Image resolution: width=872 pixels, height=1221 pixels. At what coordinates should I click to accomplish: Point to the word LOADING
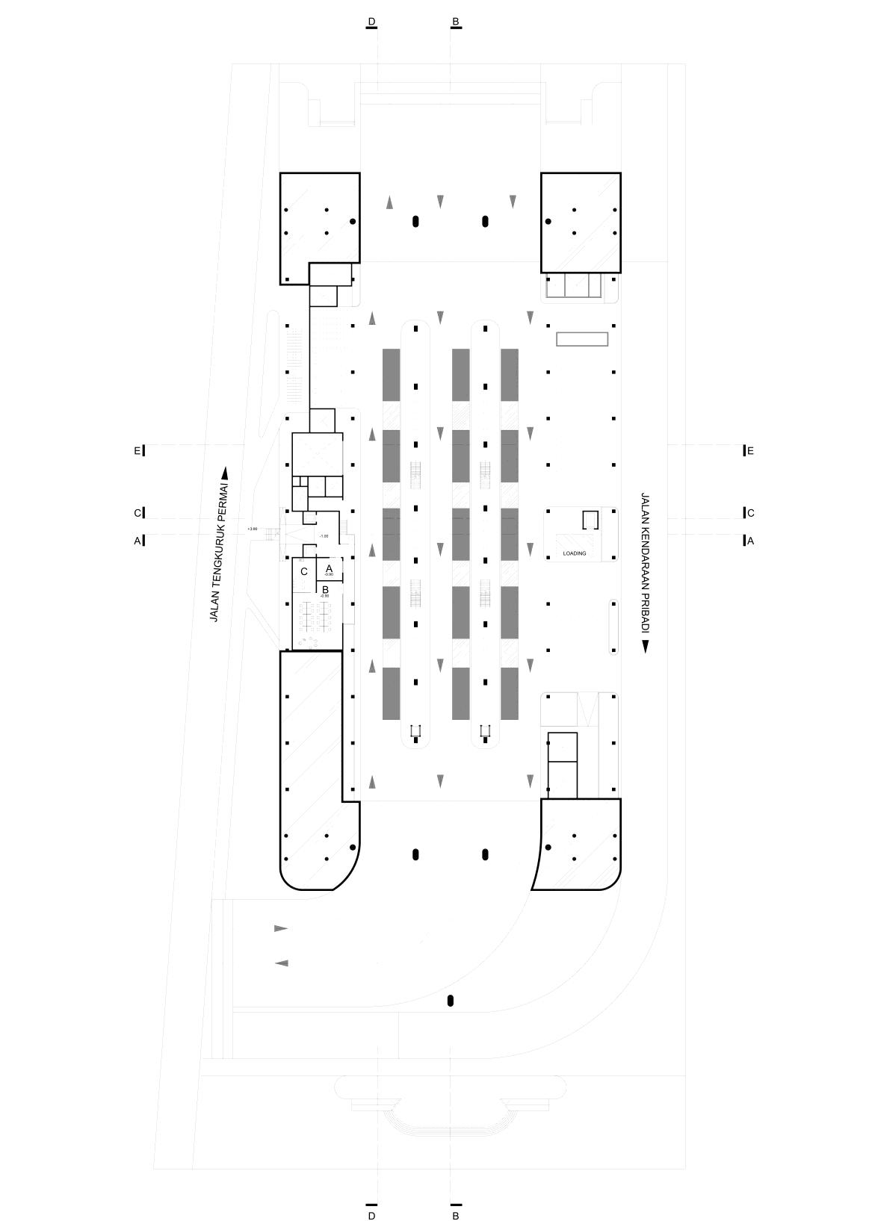coord(575,553)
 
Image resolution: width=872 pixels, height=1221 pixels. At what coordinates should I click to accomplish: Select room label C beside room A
coord(304,571)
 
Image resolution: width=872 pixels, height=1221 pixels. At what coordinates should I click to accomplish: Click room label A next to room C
coord(329,568)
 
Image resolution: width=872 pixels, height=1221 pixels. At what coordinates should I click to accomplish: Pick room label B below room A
coord(325,589)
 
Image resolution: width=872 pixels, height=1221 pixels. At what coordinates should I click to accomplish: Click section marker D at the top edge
coord(371,21)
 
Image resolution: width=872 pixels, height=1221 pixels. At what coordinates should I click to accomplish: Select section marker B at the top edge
coord(456,21)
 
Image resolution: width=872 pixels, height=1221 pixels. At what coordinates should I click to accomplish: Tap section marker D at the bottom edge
coord(371,1215)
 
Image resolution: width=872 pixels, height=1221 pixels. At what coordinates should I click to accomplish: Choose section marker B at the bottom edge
coord(456,1215)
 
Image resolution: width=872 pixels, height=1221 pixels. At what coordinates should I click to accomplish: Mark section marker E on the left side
coord(137,450)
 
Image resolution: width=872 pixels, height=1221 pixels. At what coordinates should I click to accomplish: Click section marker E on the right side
coord(750,450)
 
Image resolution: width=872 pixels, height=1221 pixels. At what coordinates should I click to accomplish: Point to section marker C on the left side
coord(137,513)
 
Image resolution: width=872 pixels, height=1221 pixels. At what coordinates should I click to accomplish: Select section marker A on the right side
coord(750,541)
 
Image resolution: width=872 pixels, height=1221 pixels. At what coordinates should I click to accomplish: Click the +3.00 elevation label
coord(252,529)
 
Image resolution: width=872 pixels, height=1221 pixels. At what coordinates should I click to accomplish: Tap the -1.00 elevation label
coord(324,535)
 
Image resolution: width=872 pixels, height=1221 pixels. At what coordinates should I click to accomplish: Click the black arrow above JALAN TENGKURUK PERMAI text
coord(225,473)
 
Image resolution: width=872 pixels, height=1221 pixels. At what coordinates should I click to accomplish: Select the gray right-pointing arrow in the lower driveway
coord(281,928)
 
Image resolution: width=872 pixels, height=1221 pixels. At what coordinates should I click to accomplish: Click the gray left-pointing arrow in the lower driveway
coord(281,963)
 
